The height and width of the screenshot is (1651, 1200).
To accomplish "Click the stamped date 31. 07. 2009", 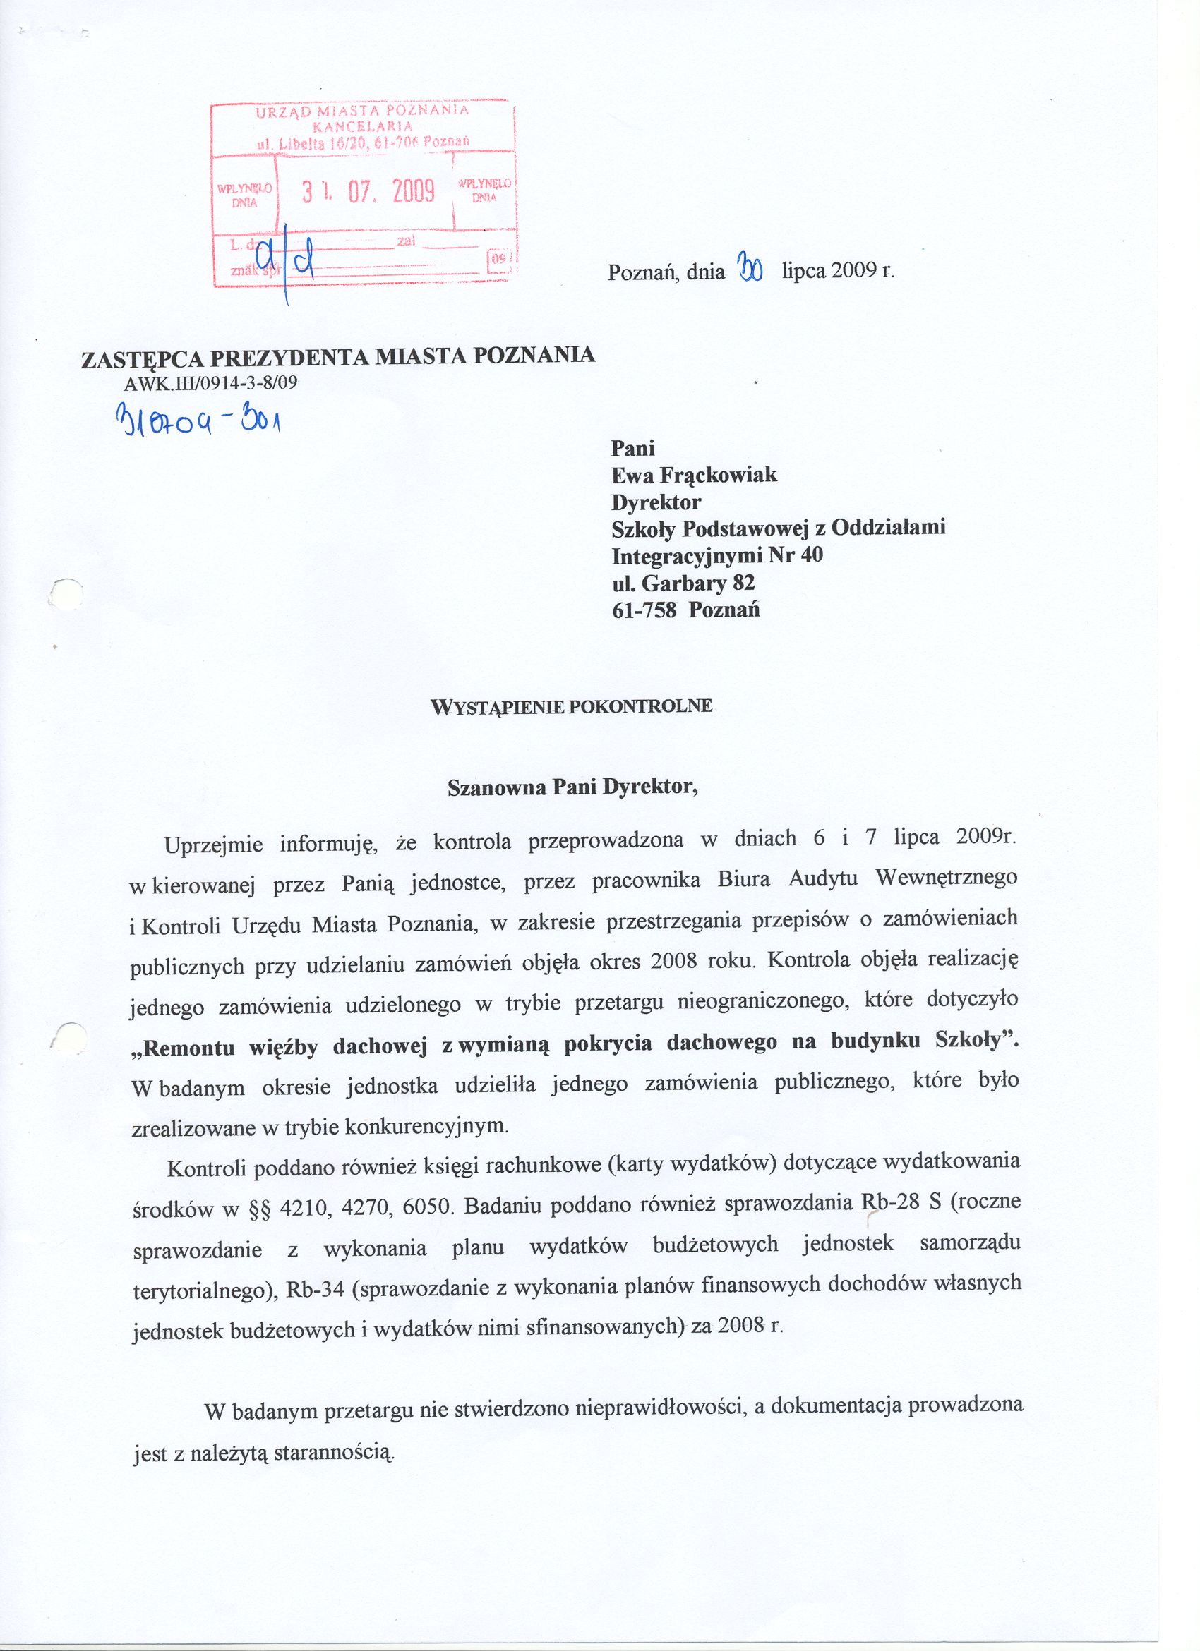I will [x=368, y=191].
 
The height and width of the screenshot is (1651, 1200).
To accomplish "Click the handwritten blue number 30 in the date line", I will [x=750, y=269].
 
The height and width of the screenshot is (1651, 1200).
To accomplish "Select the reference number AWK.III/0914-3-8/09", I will [x=211, y=384].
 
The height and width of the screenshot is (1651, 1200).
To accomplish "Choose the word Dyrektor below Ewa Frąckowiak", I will [x=656, y=502].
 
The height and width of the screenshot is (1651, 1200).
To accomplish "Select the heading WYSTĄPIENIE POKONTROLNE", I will [x=572, y=706].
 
